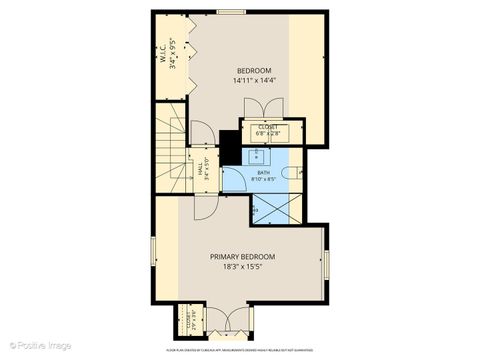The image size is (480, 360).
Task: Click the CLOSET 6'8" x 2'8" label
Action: pos(268,129)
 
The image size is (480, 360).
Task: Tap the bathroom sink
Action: pos(255,155)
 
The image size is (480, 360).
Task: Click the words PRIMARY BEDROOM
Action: pos(242,257)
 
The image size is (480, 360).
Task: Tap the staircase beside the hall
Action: pos(169,150)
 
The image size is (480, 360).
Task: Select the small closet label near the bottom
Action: pos(191,324)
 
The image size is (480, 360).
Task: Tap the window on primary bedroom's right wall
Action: pos(326,264)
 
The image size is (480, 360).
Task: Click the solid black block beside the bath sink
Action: pos(230,148)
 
